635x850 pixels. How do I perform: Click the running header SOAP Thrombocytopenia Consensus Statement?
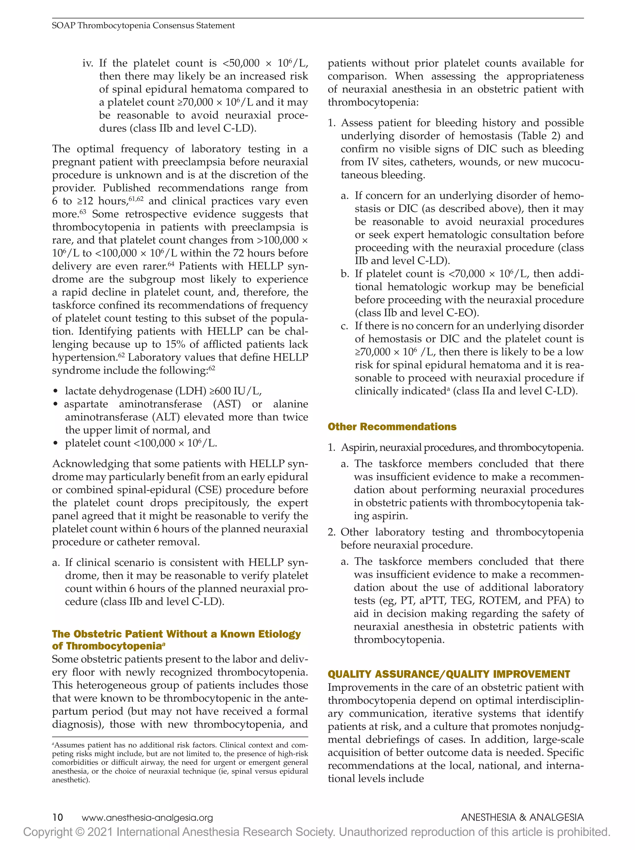tap(143, 25)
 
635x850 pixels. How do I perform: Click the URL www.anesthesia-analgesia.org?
tap(147, 818)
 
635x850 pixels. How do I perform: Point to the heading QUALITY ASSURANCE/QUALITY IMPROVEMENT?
tap(448, 674)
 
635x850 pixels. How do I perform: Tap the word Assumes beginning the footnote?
tap(69, 745)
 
